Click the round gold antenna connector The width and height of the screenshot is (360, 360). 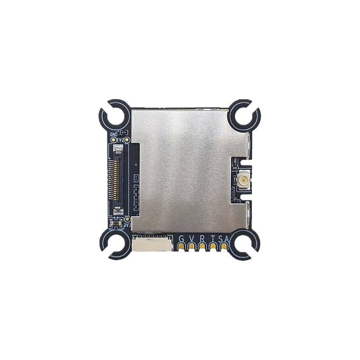point(241,182)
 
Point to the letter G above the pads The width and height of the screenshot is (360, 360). point(182,238)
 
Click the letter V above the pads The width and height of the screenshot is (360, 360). point(191,238)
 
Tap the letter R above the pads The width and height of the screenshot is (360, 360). point(202,238)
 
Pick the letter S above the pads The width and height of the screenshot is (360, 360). point(219,238)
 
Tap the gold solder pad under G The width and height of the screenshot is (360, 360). point(182,247)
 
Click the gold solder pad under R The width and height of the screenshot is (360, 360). point(202,247)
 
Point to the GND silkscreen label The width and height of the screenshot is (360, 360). point(114,134)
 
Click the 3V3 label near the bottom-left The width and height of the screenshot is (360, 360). point(127,222)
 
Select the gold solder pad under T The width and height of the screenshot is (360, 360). point(213,247)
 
